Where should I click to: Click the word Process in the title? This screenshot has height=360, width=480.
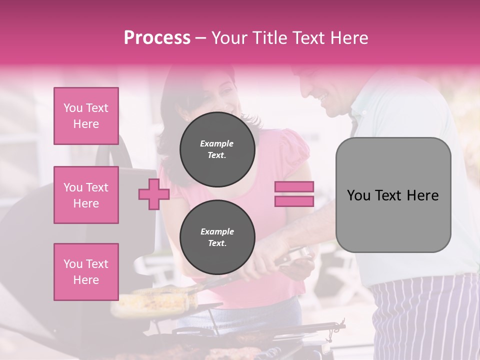point(157,38)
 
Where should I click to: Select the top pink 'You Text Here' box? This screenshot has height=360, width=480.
point(86,116)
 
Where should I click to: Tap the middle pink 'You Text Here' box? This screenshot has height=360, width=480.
point(86,195)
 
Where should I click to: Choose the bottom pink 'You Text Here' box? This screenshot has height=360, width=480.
point(86,272)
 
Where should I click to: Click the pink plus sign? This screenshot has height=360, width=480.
point(153,194)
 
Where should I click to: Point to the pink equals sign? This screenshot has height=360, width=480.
point(294,194)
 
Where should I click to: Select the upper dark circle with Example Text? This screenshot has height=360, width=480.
point(217,149)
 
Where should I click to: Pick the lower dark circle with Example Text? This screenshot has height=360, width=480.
point(217,237)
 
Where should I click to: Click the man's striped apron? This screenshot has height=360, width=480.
point(425,315)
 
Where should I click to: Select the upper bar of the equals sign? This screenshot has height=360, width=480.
point(294,186)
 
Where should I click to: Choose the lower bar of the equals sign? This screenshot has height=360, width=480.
point(294,201)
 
